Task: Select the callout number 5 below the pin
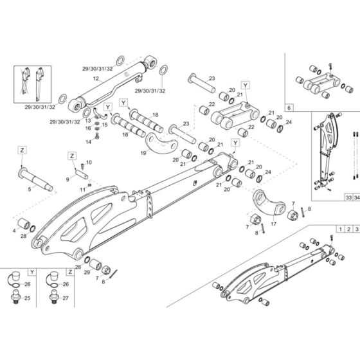click(x=30, y=190)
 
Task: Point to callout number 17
click(x=273, y=224)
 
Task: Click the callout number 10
click(x=89, y=162)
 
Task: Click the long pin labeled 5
click(x=37, y=175)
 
